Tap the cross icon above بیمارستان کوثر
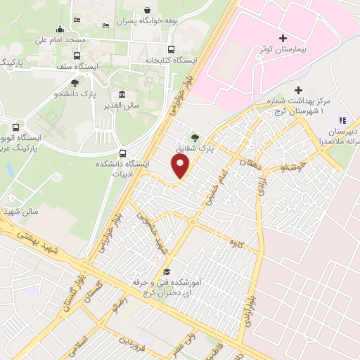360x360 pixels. (x=283, y=37)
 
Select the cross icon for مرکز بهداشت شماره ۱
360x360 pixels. (x=299, y=90)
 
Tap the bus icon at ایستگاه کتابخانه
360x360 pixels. (x=171, y=49)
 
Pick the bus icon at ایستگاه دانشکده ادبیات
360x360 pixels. (x=124, y=153)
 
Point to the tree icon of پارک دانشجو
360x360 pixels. (x=75, y=83)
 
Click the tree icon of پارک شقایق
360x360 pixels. (x=195, y=138)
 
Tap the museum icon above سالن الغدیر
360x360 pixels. (x=122, y=95)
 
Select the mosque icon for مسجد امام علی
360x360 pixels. (x=58, y=29)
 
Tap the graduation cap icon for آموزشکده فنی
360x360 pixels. (x=167, y=271)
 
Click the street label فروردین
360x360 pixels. (x=134, y=345)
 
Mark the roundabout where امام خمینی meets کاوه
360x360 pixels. (x=192, y=223)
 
